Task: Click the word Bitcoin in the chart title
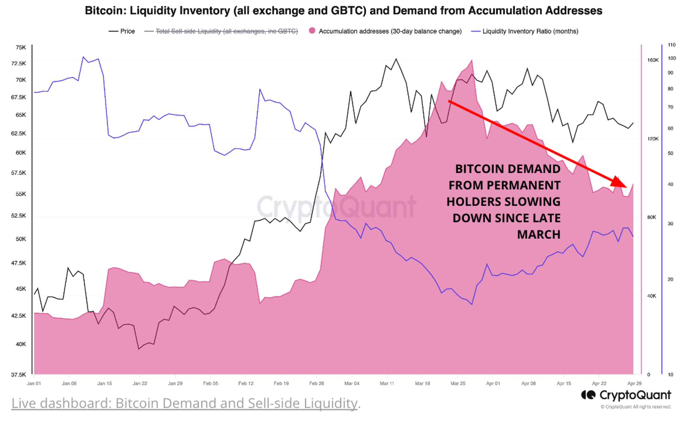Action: tap(105, 11)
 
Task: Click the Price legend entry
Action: tap(127, 31)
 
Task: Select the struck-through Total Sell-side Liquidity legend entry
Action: tap(226, 31)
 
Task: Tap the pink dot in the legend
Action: tap(312, 31)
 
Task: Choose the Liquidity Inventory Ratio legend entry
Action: tap(530, 31)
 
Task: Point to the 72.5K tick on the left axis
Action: tap(19, 64)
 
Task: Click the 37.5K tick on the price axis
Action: tap(19, 375)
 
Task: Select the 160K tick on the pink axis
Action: tap(653, 60)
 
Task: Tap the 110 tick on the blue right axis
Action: tap(672, 45)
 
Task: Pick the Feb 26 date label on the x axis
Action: tap(316, 384)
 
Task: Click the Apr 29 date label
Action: tap(634, 384)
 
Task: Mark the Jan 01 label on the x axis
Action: tap(34, 384)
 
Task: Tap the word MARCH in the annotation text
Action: tap(539, 235)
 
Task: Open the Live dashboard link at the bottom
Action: tap(184, 403)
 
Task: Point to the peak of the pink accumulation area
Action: tap(472, 61)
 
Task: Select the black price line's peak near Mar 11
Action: tap(396, 59)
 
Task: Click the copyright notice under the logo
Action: tap(636, 407)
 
